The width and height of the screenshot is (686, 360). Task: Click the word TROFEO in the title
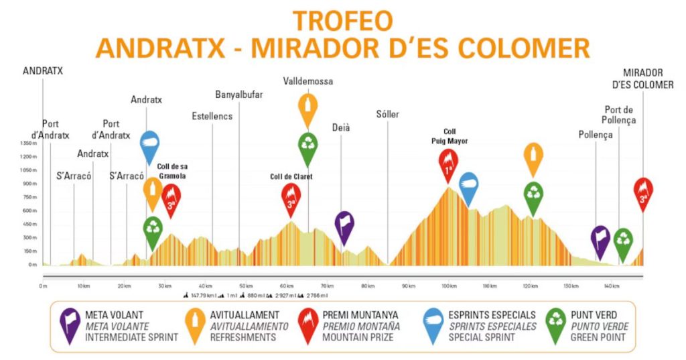342,21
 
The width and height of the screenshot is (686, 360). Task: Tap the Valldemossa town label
308,81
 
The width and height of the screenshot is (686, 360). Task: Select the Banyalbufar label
239,95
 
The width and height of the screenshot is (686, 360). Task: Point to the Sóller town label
388,115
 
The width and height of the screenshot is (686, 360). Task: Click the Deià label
342,127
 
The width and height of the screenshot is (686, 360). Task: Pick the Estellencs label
212,116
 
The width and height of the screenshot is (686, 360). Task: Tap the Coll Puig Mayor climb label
449,136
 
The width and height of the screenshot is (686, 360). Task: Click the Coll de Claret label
291,177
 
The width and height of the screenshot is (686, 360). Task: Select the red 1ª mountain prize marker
449,164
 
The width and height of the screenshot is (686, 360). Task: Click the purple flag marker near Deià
344,225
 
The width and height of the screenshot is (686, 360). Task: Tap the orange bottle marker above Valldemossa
308,109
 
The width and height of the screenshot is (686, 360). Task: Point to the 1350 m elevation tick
28,143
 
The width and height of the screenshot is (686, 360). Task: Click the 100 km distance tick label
449,286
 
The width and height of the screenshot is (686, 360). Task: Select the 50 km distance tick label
246,286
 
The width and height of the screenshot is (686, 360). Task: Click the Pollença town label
596,135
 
